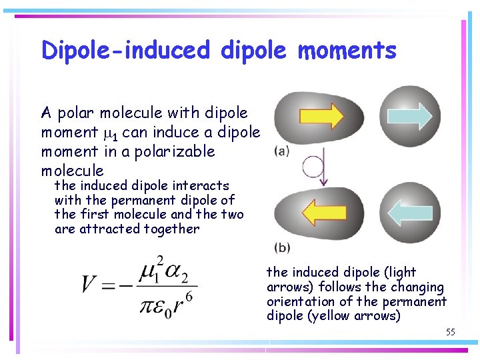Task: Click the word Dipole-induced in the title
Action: [125, 50]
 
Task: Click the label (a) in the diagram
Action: [282, 151]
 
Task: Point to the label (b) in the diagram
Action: [282, 247]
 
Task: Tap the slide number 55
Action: [450, 331]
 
